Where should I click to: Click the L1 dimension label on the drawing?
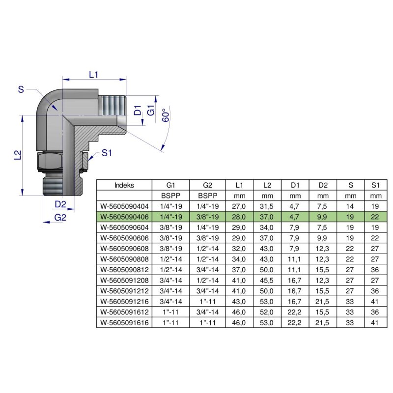click(94, 75)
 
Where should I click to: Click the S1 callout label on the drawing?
click(107, 153)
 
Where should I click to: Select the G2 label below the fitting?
click(60, 218)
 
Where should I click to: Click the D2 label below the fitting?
click(60, 204)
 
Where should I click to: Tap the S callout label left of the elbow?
click(21, 89)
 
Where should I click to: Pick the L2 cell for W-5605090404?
click(267, 206)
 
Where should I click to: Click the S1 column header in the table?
click(376, 185)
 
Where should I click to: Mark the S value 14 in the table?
click(350, 206)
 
